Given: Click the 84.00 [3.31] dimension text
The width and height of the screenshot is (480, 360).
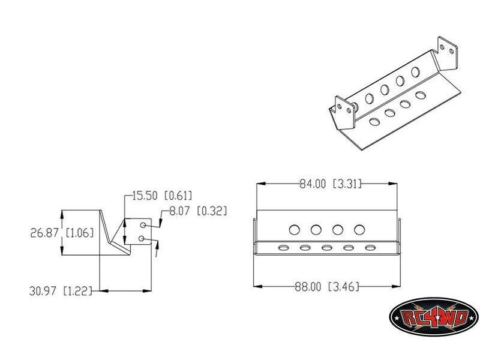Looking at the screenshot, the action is tap(331, 184).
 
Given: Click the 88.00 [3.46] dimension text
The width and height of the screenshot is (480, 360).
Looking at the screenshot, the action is tap(326, 287).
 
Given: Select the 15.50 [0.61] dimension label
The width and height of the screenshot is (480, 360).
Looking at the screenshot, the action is tap(162, 196).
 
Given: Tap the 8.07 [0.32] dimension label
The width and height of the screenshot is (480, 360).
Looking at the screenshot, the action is tap(198, 211).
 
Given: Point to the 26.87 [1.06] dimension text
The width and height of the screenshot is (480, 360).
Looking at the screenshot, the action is tap(62, 233).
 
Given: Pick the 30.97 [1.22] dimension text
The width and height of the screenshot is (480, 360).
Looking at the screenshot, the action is tap(61, 290).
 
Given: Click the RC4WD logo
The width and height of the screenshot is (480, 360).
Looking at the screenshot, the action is tap(433, 317).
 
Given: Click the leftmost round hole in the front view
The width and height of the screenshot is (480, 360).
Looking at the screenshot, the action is tap(294, 230).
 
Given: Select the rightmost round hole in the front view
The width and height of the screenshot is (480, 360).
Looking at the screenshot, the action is tap(359, 230).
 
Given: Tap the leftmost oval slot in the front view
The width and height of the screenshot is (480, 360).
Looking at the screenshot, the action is tap(283, 247).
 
